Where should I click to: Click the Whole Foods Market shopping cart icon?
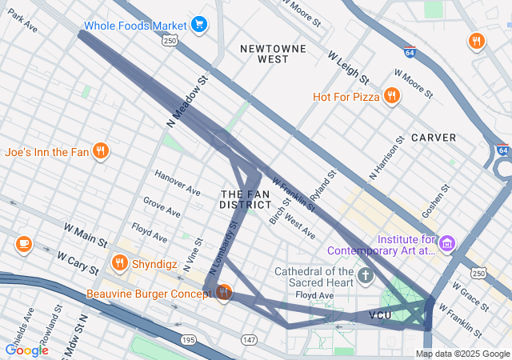pos(199,25)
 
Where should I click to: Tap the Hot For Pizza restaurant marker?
pos(391,97)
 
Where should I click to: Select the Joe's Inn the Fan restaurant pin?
pos(100,151)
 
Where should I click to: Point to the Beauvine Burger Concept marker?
pos(223,293)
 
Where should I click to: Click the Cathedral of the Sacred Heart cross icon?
pos(366,278)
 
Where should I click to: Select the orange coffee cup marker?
pos(23,242)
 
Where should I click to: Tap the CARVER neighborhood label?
pos(434,138)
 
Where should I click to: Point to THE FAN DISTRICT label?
pos(246,199)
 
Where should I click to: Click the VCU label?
pos(381,315)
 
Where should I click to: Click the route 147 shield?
pos(249,341)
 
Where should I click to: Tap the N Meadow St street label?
pos(187,102)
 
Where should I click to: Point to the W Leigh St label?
pos(348,68)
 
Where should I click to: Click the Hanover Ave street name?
pos(178,185)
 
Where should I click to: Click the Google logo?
pos(27,350)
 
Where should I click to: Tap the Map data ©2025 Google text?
pos(462,354)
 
